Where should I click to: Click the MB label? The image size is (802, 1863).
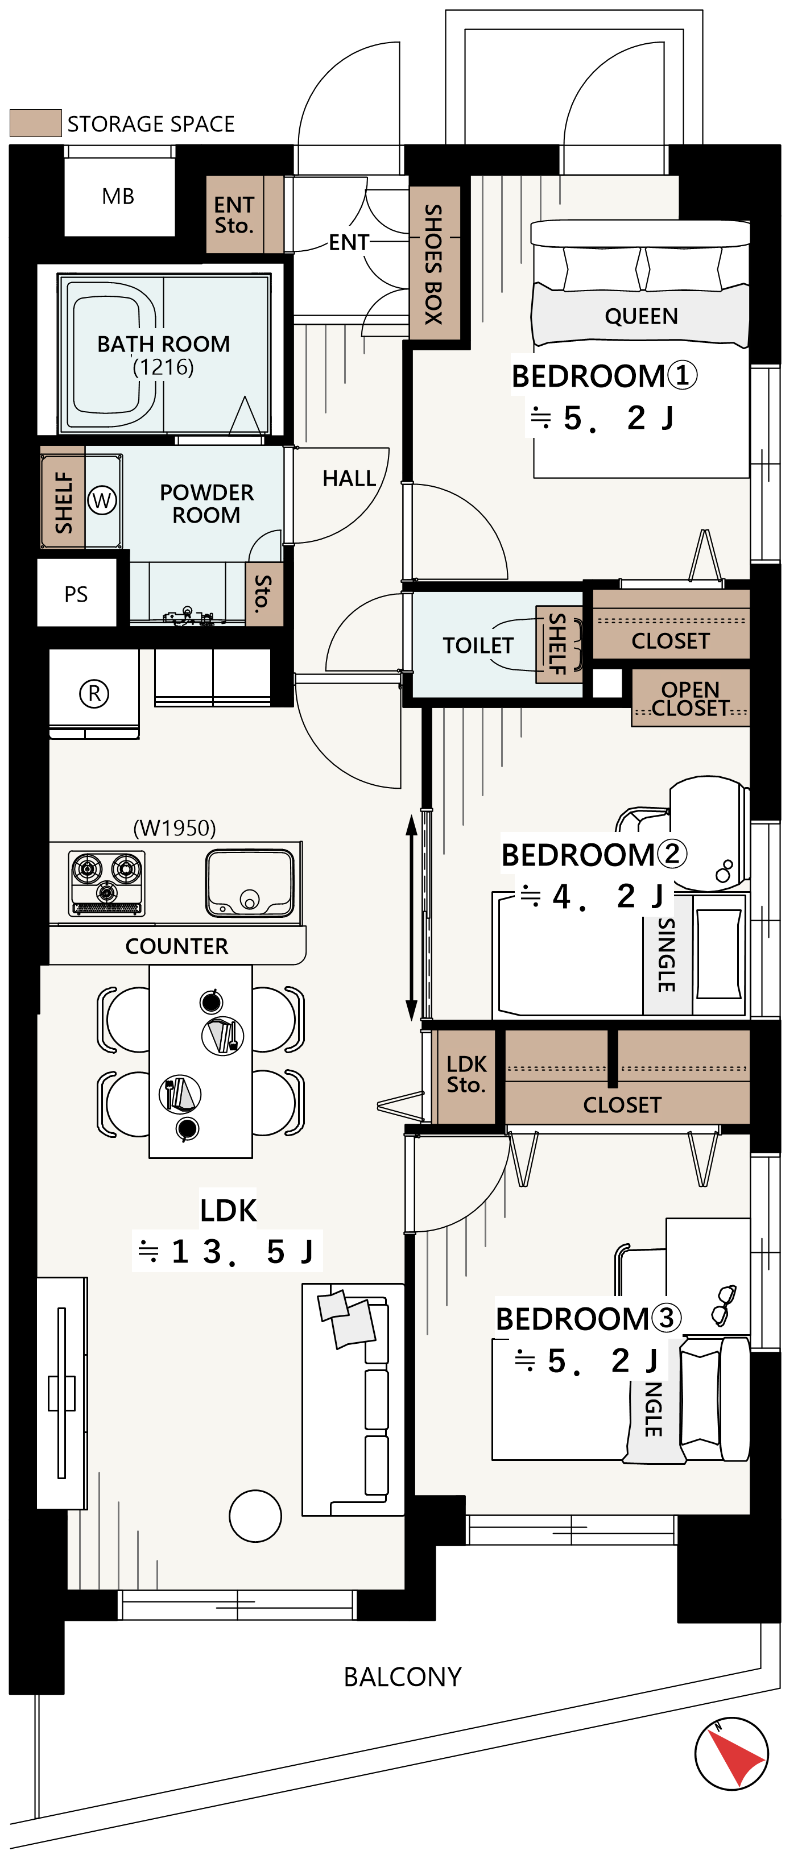point(118,196)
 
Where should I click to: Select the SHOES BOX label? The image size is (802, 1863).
point(433,263)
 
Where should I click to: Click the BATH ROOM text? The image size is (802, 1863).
point(163,343)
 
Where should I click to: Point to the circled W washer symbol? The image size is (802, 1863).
point(102,500)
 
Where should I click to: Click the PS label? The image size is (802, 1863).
point(76,594)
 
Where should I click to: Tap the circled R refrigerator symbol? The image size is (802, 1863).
point(94,694)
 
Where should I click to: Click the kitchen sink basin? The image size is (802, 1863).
point(250,883)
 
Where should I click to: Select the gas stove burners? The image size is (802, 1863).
point(106,883)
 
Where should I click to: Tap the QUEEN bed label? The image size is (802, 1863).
point(642,316)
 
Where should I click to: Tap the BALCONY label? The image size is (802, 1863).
point(403,1676)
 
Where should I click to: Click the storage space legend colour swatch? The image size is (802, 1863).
point(35,123)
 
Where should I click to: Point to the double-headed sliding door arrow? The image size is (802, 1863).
point(411,918)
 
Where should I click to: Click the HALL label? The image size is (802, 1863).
point(349,478)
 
